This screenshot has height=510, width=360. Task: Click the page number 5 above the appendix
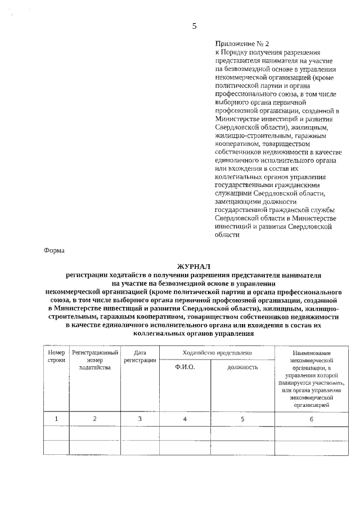pos(194,26)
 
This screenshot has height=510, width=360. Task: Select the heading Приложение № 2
pos(242,43)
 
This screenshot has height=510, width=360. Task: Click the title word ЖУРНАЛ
pos(194,266)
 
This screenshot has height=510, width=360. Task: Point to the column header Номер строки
pos(56,356)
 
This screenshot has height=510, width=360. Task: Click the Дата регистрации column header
pos(140,356)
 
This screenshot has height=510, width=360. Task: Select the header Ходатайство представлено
pos(217,352)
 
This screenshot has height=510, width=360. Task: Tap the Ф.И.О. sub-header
pos(185,367)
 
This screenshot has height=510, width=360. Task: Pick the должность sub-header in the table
pos(242,367)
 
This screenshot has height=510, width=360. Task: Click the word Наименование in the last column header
pos(311,353)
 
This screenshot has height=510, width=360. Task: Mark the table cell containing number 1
pos(56,419)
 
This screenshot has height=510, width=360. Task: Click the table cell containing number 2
pos(94,419)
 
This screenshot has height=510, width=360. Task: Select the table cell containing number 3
pos(140,419)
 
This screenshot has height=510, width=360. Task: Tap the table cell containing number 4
pos(185,419)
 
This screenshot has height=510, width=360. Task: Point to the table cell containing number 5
pos(242,419)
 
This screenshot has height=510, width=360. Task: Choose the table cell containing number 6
pos(311,419)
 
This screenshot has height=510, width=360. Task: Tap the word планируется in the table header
pos(294,382)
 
